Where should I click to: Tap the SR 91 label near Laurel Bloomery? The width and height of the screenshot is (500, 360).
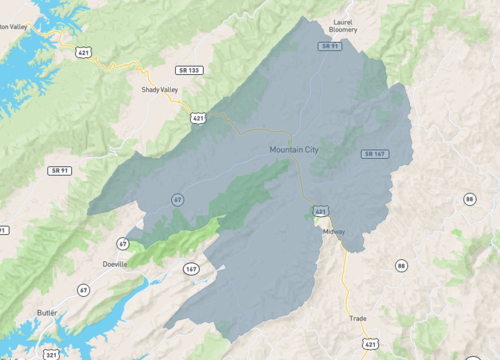(331, 46)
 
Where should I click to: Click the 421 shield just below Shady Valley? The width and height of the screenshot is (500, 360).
(198, 117)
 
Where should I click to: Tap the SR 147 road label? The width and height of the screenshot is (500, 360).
(375, 153)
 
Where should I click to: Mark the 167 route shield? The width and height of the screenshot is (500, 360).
(191, 268)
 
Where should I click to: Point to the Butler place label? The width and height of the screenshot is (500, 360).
(45, 313)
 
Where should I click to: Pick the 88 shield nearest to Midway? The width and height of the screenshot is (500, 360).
(401, 265)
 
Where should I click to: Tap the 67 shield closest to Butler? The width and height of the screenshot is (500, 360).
(84, 290)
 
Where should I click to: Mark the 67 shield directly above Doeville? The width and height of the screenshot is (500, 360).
(122, 243)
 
